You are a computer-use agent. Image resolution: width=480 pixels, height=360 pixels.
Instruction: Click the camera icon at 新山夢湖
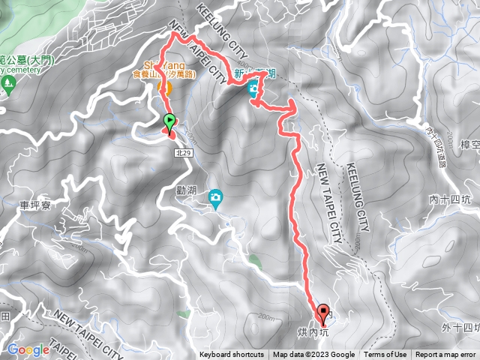[255, 88]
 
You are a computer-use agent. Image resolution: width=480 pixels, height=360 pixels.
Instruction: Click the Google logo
[28, 349]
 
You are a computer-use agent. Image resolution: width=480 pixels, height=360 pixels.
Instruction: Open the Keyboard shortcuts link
[232, 355]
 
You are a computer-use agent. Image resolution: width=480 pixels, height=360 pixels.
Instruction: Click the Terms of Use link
[385, 355]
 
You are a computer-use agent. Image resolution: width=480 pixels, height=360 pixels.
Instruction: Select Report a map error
[446, 355]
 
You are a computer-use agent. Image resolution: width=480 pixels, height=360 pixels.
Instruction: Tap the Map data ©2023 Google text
[314, 355]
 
